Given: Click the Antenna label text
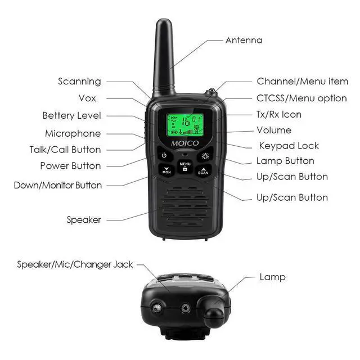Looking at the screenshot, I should coord(244,40).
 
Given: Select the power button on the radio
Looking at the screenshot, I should coord(164,155).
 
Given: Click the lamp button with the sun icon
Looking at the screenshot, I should coord(205,156).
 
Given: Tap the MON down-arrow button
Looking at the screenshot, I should coord(166,170).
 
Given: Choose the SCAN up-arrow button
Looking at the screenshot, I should coord(203,171).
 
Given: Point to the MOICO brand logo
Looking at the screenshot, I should coord(185,143).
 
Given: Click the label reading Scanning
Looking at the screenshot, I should coord(79,82).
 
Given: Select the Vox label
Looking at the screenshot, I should coord(87,98).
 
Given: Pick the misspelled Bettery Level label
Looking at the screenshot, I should coord(71,115).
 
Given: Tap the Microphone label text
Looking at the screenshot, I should coord(73,133).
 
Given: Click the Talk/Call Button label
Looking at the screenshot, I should coord(65,150).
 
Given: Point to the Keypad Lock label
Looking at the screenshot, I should coord(289,146).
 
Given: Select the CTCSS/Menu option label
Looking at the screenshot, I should coord(301,98).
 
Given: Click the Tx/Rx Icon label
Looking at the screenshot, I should coord(279,114).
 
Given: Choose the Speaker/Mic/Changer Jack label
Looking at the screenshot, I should coord(75,264).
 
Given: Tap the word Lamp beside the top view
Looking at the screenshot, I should coord(272,277).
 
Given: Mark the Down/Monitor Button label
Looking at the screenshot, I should coord(58,185).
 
